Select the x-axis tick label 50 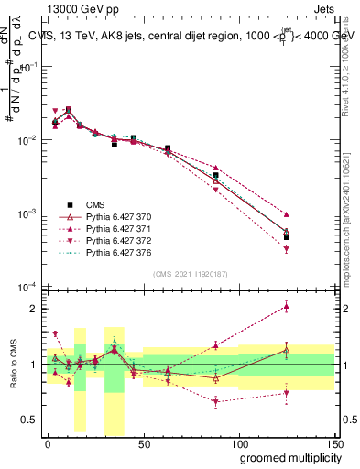click(144, 444)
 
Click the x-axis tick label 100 click(239, 444)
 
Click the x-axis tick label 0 click(48, 444)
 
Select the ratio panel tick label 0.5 click(30, 420)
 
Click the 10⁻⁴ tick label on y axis click(27, 286)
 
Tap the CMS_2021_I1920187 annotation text click(191, 274)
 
